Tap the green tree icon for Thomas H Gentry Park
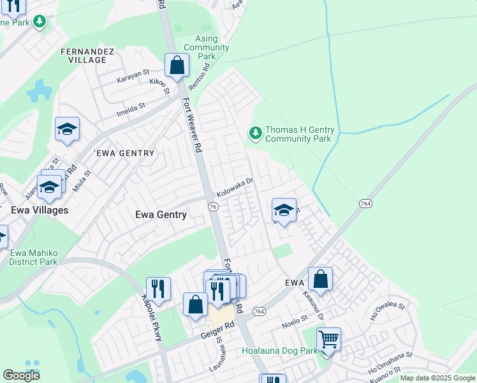pos(256,133)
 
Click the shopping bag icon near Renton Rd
pos(177,65)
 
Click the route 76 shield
pos(214,207)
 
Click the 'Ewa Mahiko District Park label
pos(33,257)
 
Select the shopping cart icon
pos(328,339)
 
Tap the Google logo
pos(21,375)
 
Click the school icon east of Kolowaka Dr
pos(284,210)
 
